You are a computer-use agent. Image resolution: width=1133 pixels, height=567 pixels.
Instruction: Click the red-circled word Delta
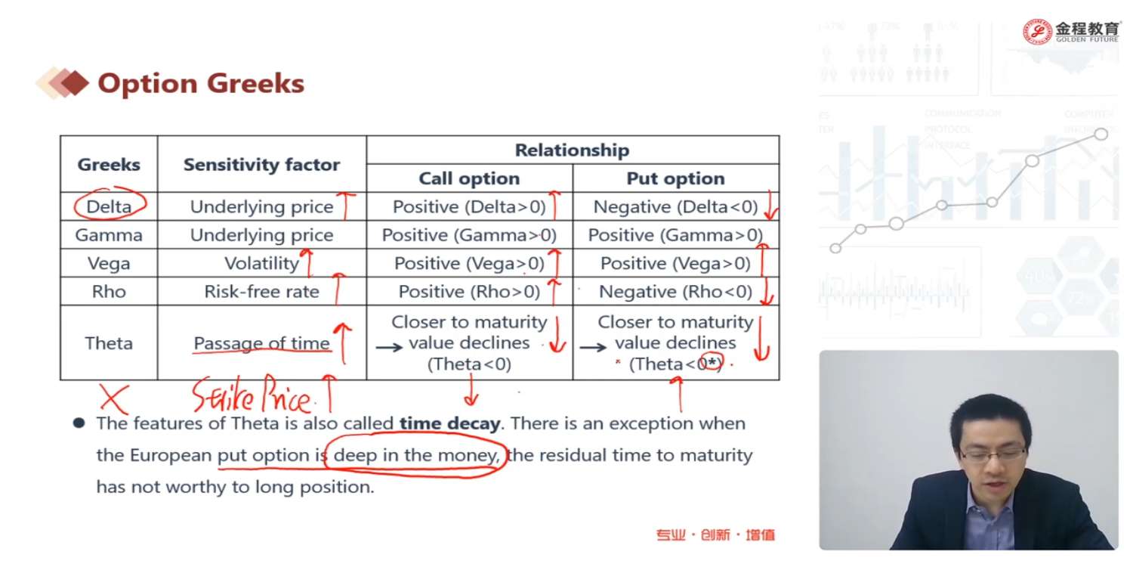(109, 206)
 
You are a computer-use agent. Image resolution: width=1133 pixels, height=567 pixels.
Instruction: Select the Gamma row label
(109, 235)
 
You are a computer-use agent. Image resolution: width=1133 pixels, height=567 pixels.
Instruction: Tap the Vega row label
(109, 263)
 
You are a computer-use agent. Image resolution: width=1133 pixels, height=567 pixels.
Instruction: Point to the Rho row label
(109, 292)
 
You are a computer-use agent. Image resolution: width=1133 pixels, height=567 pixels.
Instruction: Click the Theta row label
(109, 343)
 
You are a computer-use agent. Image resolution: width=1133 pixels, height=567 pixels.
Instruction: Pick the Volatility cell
(261, 264)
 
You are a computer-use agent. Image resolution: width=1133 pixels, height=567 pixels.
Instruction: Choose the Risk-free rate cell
(261, 292)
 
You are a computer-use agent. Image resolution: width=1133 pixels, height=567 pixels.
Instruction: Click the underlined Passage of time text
(261, 343)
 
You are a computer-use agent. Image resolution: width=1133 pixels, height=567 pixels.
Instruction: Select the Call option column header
(469, 178)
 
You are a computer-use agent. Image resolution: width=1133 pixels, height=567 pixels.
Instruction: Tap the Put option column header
(675, 178)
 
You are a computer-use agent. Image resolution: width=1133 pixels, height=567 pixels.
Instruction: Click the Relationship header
(572, 150)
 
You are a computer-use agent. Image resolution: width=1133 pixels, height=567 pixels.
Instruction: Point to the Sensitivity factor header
(261, 165)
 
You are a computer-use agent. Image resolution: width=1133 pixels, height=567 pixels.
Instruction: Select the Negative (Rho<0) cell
(675, 292)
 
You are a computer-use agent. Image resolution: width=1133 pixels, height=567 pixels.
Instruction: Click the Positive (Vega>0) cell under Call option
(469, 264)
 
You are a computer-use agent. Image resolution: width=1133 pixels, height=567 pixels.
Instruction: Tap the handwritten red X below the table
(114, 399)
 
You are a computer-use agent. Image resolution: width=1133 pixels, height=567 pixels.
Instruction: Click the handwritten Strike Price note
(252, 395)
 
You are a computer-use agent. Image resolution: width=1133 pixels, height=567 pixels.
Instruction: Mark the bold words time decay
(449, 423)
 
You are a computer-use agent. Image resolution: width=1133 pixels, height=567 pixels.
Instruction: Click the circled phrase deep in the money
(415, 455)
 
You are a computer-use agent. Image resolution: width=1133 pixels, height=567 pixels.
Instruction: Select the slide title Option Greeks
(201, 83)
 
